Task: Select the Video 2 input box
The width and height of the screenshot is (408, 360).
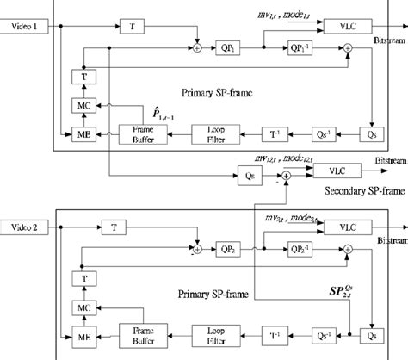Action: click(x=25, y=227)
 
